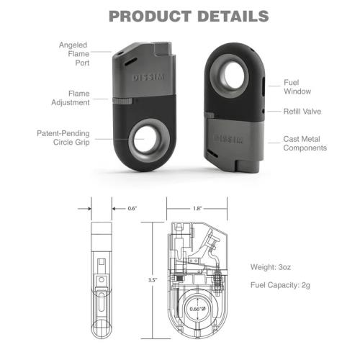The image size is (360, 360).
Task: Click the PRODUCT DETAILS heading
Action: tap(180, 16)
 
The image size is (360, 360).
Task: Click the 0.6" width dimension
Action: tap(132, 209)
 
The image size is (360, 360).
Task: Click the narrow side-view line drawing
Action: tap(101, 281)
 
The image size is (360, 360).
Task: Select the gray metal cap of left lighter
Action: tap(144, 72)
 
